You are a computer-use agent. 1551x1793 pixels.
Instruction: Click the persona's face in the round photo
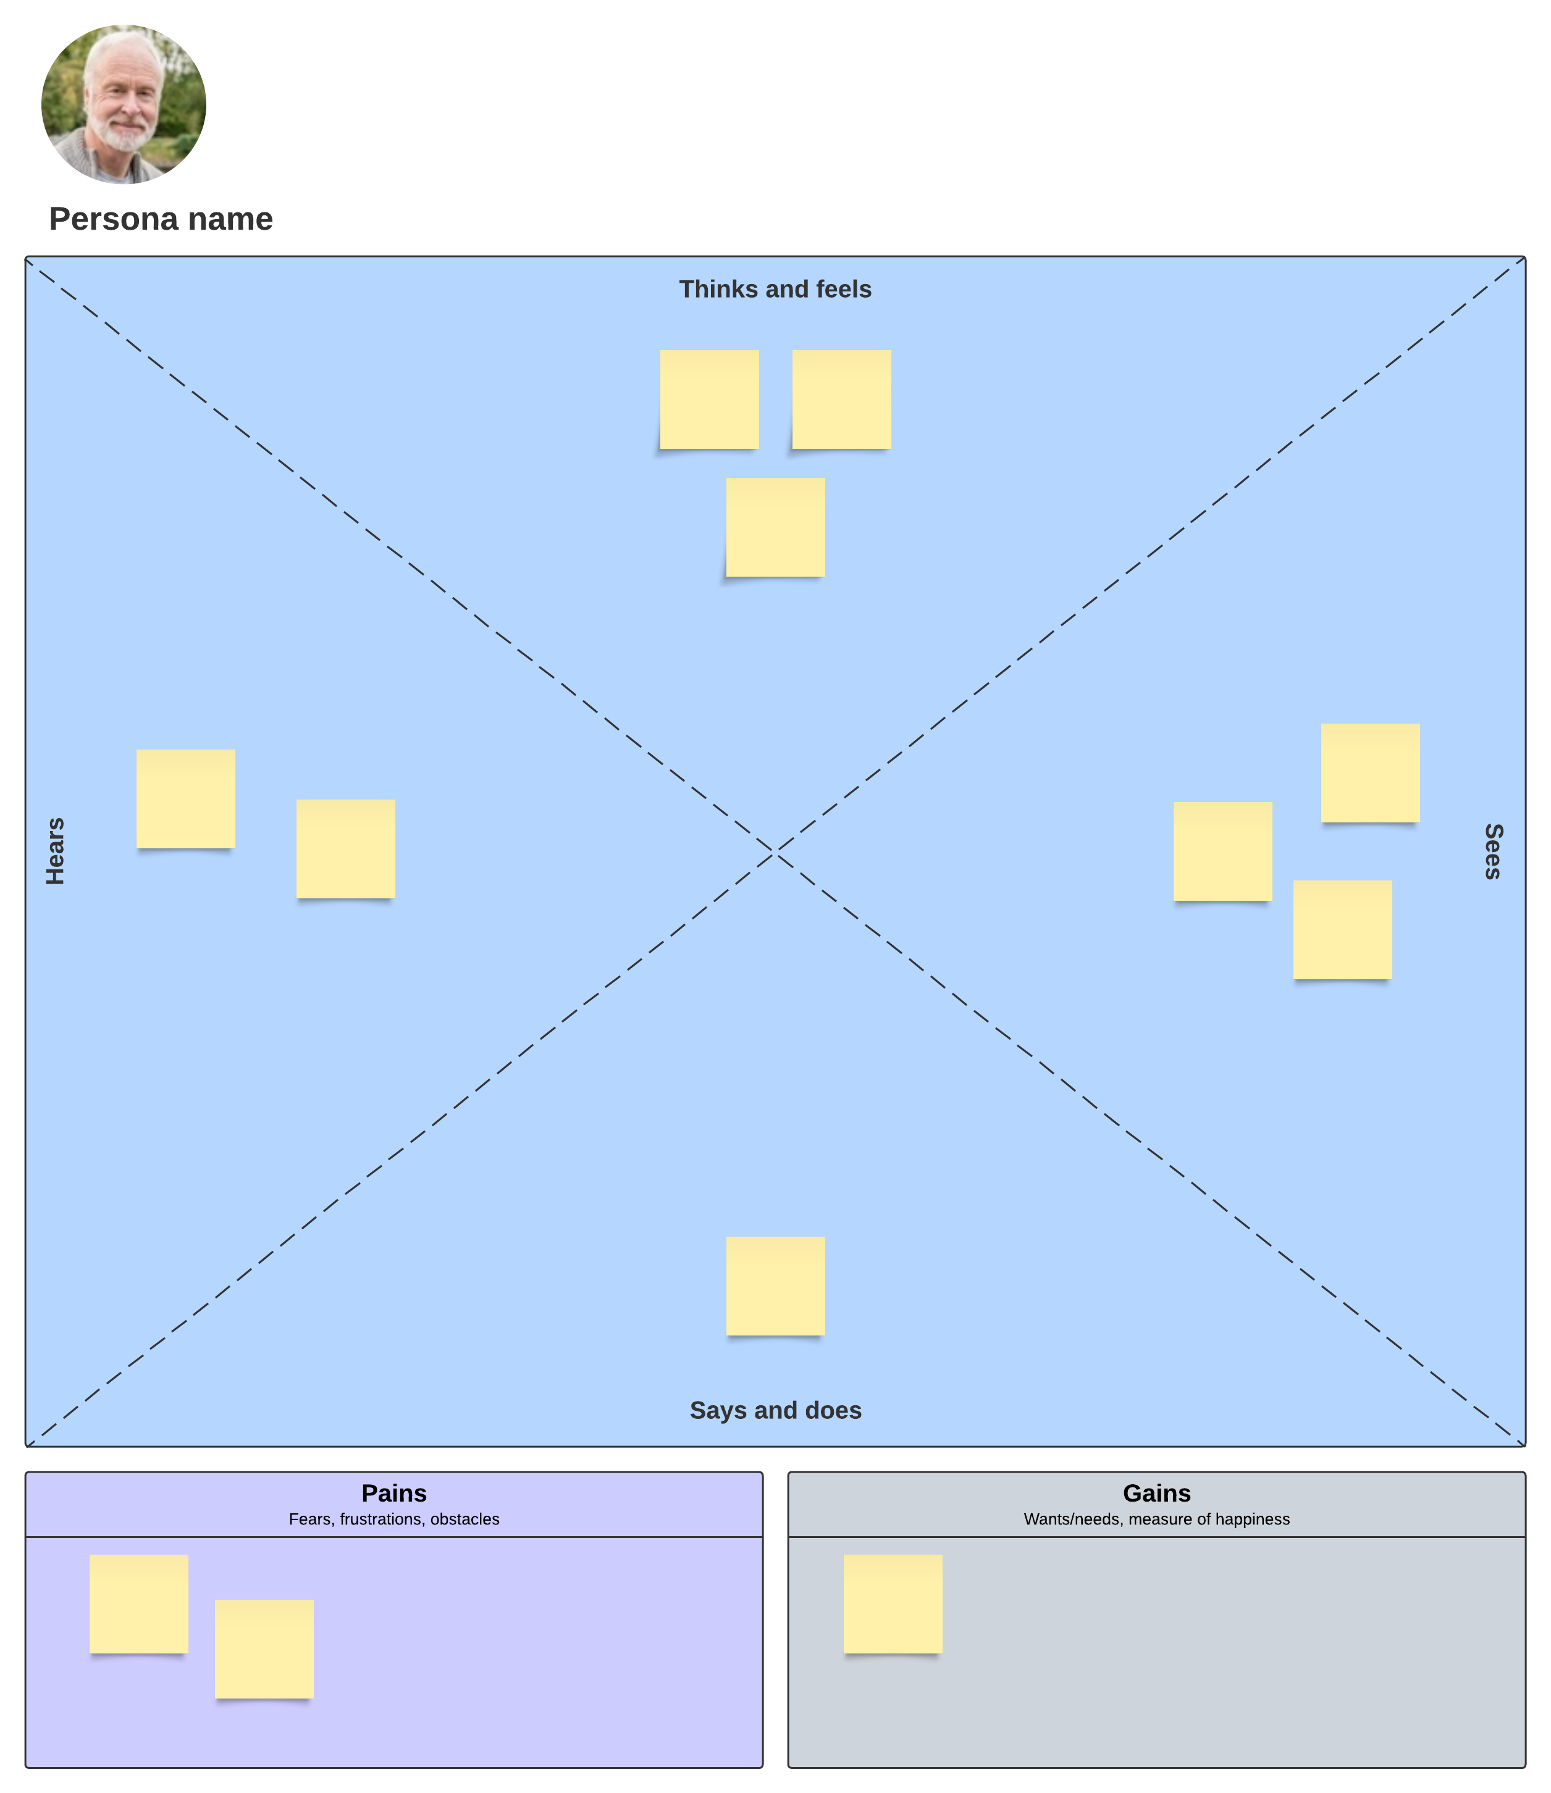coord(124,95)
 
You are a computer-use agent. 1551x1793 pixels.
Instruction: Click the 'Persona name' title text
coord(161,219)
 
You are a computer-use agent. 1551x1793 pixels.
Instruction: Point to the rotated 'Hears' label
coord(56,851)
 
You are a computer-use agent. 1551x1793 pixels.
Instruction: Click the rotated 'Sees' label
coord(1493,851)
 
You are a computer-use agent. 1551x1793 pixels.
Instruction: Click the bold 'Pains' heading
coord(394,1494)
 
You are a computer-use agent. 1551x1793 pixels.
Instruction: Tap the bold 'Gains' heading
coord(1156,1494)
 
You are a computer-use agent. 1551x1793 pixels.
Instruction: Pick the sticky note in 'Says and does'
coord(776,1286)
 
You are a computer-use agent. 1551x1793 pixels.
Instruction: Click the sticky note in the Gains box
coord(893,1604)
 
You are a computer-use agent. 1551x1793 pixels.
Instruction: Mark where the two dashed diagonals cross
coord(776,854)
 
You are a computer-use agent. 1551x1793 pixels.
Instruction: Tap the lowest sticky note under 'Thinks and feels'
coord(776,527)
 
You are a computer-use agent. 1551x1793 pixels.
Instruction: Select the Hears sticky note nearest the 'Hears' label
coord(185,799)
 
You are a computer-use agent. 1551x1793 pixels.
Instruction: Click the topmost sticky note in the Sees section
coord(1370,773)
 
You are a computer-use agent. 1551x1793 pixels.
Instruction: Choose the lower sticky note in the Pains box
coord(264,1649)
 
